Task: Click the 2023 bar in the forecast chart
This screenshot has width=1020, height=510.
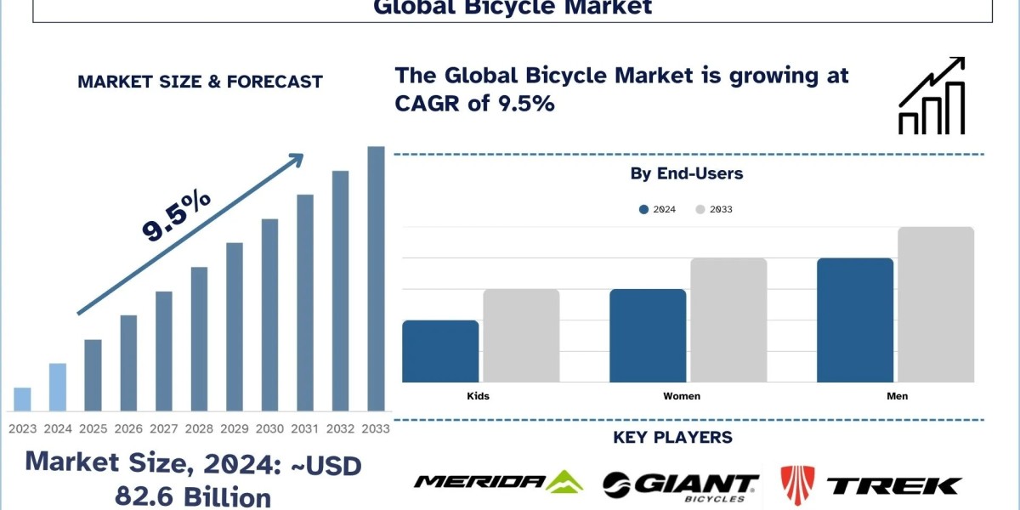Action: (x=23, y=399)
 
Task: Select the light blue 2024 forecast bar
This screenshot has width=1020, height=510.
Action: (x=58, y=388)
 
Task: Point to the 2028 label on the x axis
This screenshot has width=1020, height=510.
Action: (x=199, y=429)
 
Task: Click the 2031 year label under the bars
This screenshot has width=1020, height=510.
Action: (x=304, y=429)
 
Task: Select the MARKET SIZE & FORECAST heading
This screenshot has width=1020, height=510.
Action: (x=200, y=82)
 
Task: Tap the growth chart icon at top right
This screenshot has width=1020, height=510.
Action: (x=932, y=96)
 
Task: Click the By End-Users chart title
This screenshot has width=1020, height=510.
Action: (x=687, y=173)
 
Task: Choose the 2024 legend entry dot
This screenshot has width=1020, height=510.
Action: (x=644, y=209)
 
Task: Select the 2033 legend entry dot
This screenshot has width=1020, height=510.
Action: (x=700, y=209)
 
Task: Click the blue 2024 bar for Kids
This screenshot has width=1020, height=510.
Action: (x=440, y=351)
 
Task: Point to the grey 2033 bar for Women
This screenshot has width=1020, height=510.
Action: (x=728, y=320)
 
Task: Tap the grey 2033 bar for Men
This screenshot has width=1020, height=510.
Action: (x=935, y=304)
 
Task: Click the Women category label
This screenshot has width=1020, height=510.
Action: (x=682, y=396)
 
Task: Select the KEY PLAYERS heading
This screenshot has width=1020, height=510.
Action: (x=672, y=438)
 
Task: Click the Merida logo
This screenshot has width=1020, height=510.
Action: (x=498, y=483)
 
